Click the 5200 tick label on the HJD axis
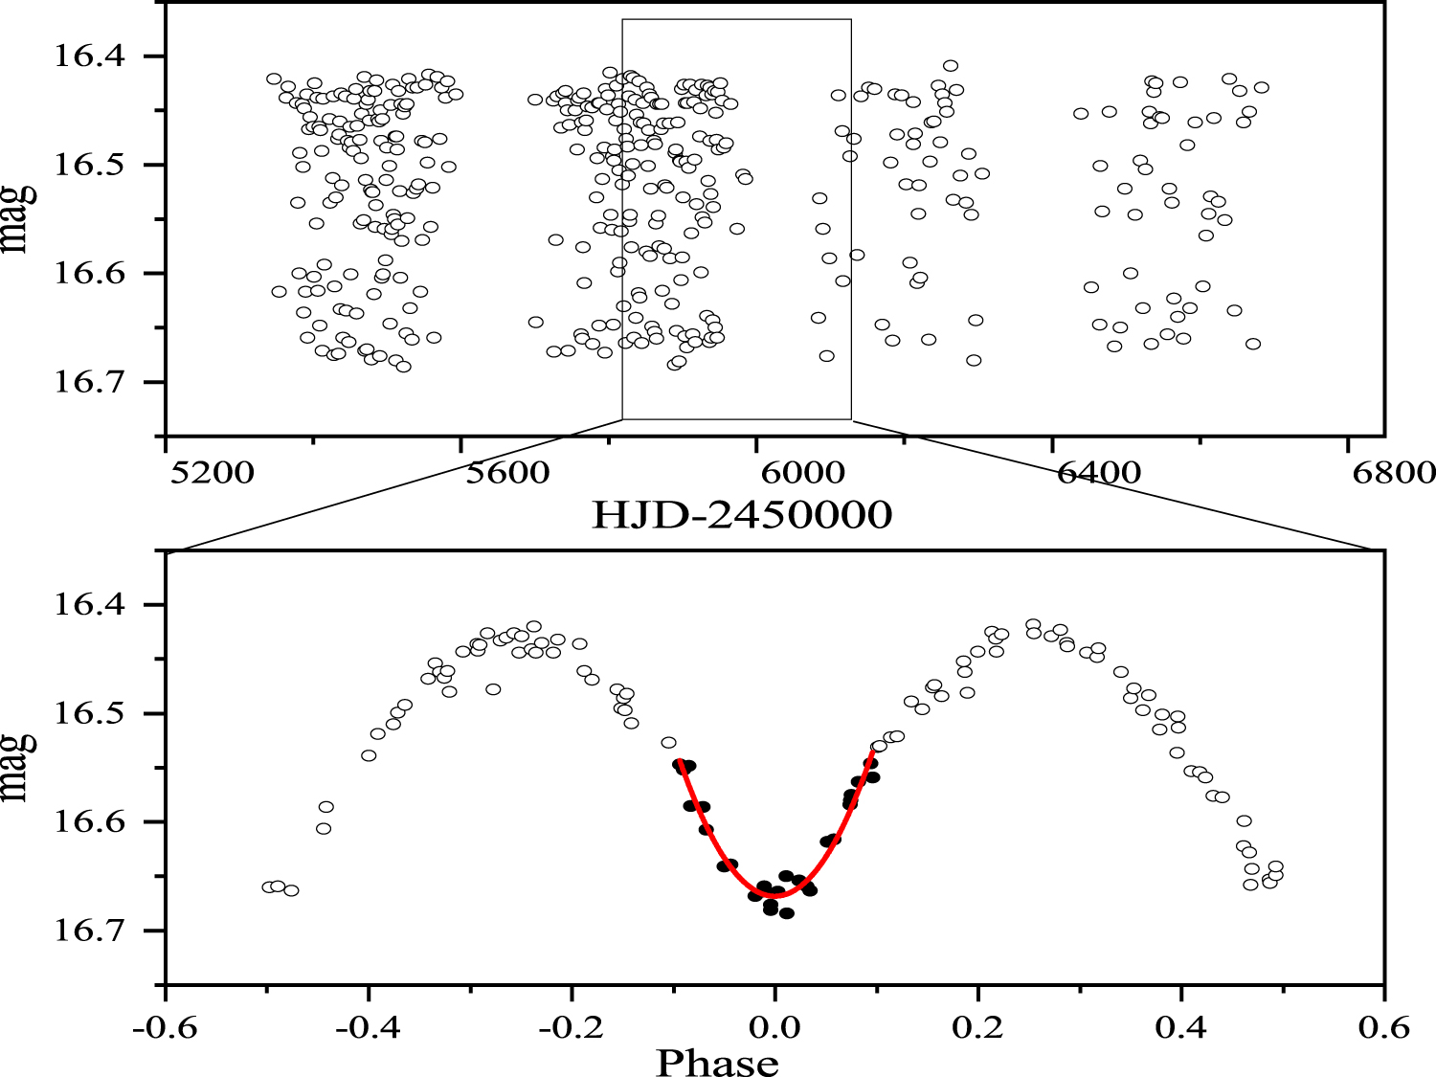(210, 473)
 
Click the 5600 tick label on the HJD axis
(505, 473)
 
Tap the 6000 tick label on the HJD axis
(801, 473)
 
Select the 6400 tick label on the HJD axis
(1096, 473)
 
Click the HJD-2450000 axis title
(742, 516)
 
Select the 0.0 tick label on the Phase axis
(774, 1028)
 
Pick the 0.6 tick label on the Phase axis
(1384, 1028)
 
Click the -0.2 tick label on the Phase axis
(572, 1028)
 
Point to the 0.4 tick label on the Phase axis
(1181, 1028)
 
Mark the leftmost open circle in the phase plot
(269, 887)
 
